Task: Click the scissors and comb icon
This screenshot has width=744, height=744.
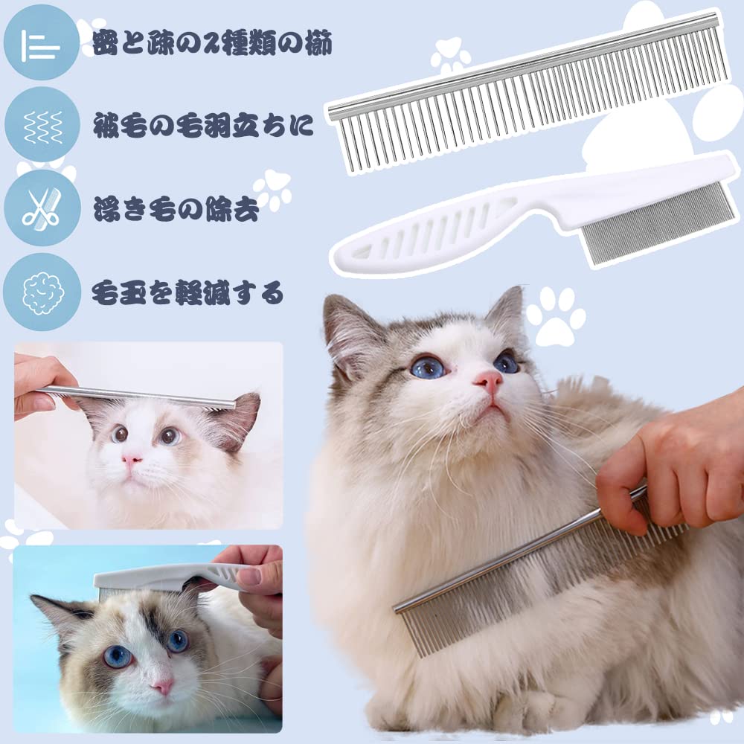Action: point(41,208)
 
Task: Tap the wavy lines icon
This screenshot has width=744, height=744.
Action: point(41,125)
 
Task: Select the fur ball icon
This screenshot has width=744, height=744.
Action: point(41,292)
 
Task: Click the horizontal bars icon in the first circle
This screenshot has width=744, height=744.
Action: point(41,45)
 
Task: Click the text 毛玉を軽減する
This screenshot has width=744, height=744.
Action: point(187,292)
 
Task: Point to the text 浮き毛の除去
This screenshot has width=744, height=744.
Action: point(176,210)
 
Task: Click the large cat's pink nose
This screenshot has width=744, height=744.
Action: point(489,382)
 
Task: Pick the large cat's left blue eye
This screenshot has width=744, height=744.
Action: point(427,366)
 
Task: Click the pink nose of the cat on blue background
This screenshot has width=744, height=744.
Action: point(162,685)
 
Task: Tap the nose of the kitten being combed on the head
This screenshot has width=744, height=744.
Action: point(132,461)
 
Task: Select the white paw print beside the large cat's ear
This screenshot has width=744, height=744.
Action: point(555,315)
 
